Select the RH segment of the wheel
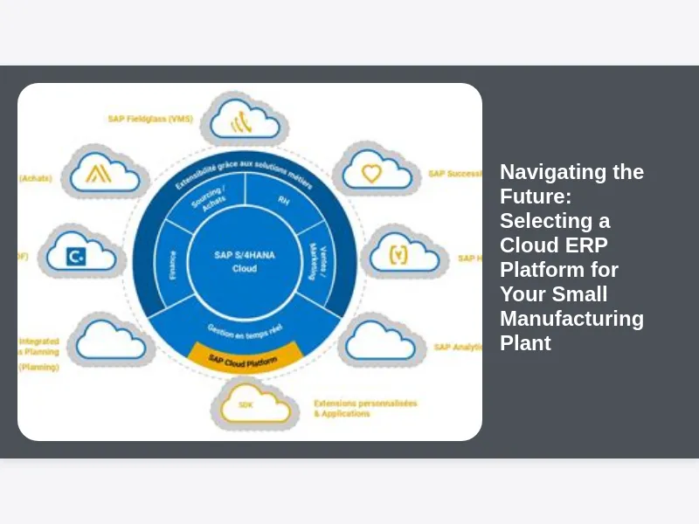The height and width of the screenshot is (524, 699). (x=283, y=200)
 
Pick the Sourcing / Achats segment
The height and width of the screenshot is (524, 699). (x=209, y=202)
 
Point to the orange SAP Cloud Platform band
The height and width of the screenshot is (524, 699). (x=244, y=358)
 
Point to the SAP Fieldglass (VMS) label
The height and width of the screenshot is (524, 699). (x=149, y=120)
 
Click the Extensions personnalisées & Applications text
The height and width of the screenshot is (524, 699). (x=364, y=408)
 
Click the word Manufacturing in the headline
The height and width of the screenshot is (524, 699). (x=571, y=319)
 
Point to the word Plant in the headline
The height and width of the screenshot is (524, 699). (x=525, y=343)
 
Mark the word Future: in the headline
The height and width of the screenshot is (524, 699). (x=534, y=196)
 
